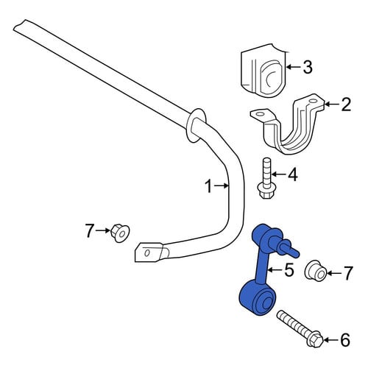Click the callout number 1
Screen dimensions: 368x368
click(x=209, y=186)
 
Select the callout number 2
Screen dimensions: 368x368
click(x=345, y=105)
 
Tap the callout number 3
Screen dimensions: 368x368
click(x=307, y=67)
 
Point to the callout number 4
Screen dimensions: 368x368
click(x=293, y=174)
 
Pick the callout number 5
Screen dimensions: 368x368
click(x=289, y=269)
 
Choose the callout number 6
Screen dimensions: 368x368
click(x=345, y=340)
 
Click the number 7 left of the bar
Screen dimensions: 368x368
click(x=90, y=230)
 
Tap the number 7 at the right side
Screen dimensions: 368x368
click(x=347, y=273)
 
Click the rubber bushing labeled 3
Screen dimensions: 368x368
click(x=263, y=72)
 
